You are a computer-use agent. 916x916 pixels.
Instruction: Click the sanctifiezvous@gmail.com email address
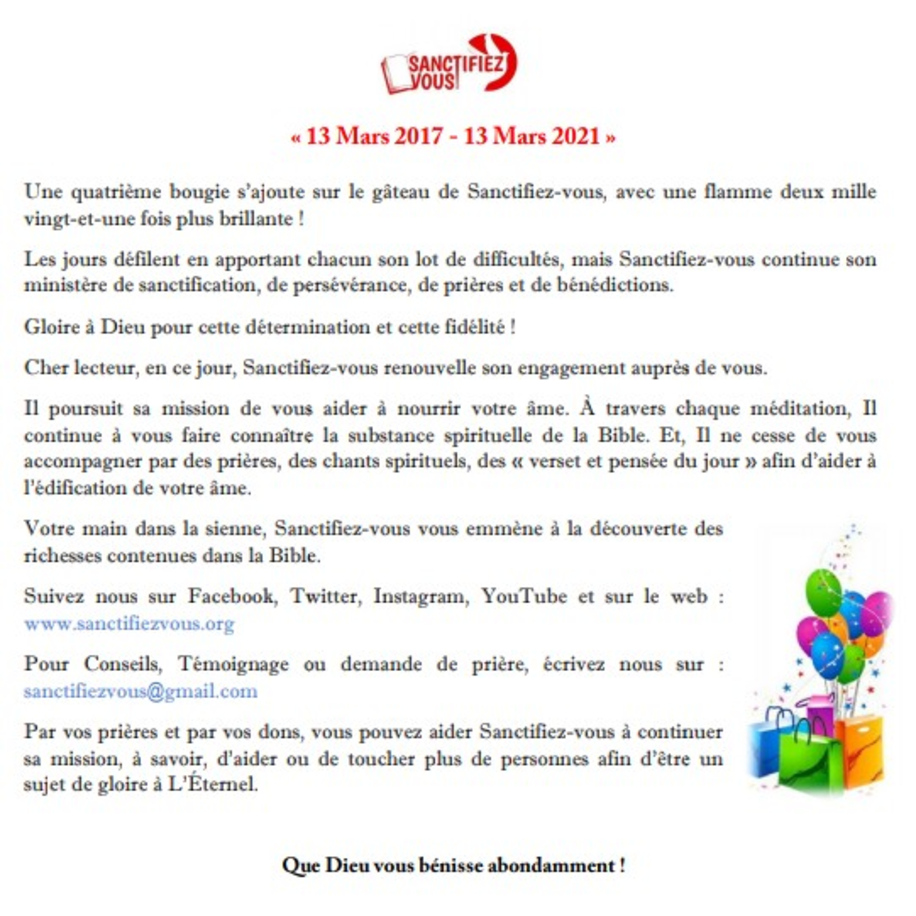[x=141, y=691]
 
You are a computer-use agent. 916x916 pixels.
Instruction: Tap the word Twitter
[x=326, y=596]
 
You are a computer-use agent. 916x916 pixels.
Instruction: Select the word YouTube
[x=524, y=596]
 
